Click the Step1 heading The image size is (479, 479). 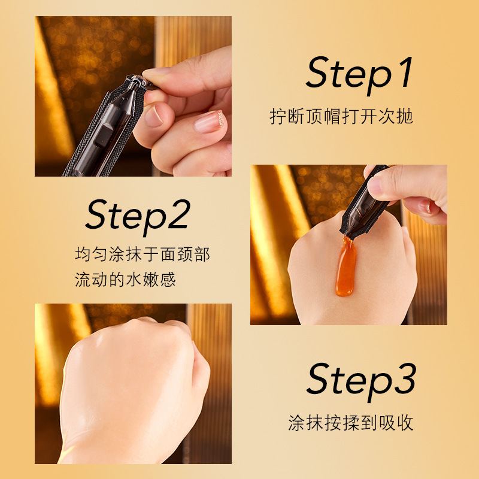(359, 75)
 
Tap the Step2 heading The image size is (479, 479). (138, 217)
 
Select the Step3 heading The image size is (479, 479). (361, 382)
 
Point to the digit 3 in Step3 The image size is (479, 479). (405, 379)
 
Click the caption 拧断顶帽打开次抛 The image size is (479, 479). (341, 116)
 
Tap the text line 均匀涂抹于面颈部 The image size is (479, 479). (143, 254)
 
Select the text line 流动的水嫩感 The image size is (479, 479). (125, 279)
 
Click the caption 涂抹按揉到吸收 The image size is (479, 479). (351, 423)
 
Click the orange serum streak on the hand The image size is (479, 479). (345, 266)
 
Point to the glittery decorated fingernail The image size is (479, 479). (210, 122)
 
